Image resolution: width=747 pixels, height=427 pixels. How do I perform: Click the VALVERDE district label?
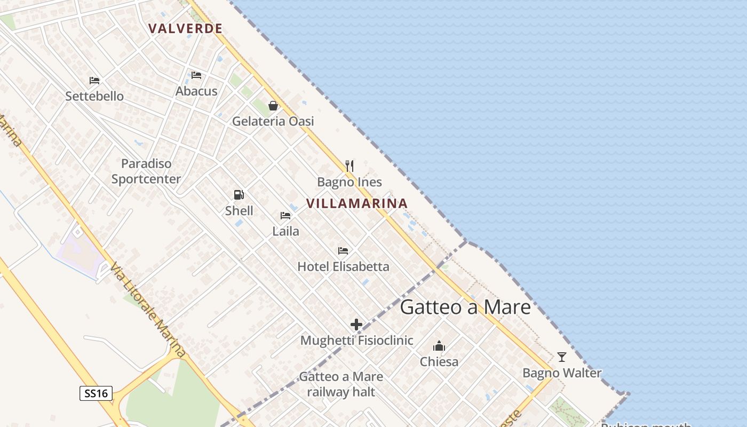pyautogui.click(x=185, y=29)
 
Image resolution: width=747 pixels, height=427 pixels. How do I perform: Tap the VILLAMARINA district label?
pyautogui.click(x=357, y=203)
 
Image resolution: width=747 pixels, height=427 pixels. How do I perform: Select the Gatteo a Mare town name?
pyautogui.click(x=465, y=307)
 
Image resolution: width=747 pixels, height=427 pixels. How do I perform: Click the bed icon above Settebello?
pyautogui.click(x=94, y=81)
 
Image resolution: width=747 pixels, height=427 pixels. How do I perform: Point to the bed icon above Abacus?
pyautogui.click(x=196, y=75)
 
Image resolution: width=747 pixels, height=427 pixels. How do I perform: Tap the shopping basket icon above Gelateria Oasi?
pyautogui.click(x=273, y=106)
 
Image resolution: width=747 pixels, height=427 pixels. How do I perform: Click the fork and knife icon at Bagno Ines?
pyautogui.click(x=349, y=165)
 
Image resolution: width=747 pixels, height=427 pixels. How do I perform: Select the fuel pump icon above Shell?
pyautogui.click(x=239, y=195)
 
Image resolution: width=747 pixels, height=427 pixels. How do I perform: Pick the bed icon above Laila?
pyautogui.click(x=285, y=216)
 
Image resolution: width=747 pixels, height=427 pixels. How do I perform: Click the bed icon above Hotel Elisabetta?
pyautogui.click(x=343, y=250)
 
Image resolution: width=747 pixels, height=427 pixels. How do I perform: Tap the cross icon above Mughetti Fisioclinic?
pyautogui.click(x=356, y=324)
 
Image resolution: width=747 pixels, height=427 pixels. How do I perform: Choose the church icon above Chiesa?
pyautogui.click(x=439, y=346)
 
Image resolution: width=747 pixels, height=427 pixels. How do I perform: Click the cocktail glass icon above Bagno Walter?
pyautogui.click(x=561, y=357)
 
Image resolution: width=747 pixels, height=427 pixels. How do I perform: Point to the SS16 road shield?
pyautogui.click(x=97, y=394)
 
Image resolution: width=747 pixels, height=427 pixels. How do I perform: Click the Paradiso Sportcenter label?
pyautogui.click(x=146, y=171)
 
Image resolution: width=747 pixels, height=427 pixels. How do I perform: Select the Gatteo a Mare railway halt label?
pyautogui.click(x=341, y=384)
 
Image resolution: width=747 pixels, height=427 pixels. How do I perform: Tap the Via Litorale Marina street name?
pyautogui.click(x=148, y=310)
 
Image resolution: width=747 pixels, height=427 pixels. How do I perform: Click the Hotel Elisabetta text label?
pyautogui.click(x=343, y=266)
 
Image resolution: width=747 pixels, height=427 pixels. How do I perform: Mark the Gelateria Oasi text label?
pyautogui.click(x=273, y=121)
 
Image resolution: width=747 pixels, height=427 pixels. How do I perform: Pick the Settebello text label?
pyautogui.click(x=94, y=96)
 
